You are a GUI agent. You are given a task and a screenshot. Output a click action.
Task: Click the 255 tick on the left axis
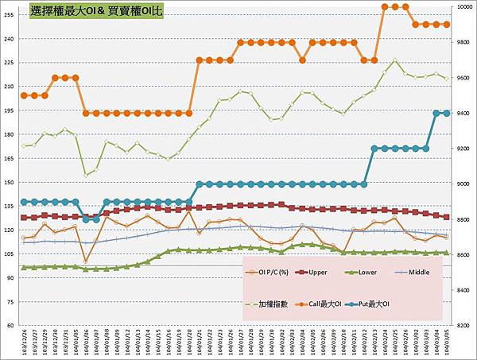pos(10,38)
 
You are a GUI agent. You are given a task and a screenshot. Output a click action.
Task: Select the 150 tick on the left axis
pos(10,182)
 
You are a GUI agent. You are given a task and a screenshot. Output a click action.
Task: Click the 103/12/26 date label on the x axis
pos(25,343)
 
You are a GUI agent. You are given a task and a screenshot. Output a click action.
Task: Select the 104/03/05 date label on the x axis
pos(447,343)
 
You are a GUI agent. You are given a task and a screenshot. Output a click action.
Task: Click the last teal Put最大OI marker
pos(446,113)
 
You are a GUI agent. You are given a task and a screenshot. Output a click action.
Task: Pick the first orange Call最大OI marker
pos(24,95)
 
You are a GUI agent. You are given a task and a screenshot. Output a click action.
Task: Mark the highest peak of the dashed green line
pos(395,60)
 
